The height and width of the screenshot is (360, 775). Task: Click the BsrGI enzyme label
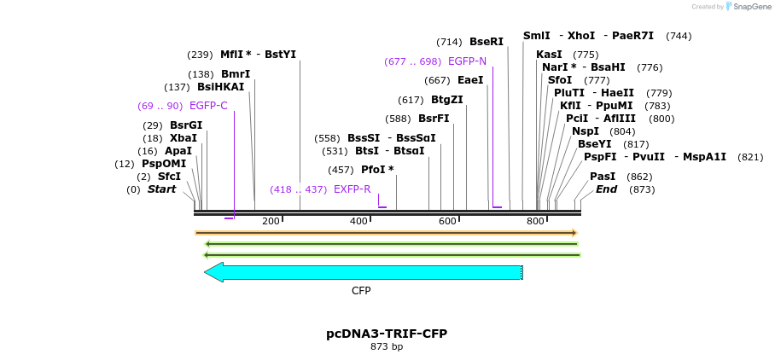pos(185,125)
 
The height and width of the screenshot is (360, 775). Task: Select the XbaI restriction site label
pos(183,137)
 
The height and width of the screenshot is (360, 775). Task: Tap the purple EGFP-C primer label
pos(208,106)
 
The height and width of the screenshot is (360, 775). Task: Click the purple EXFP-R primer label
pos(353,189)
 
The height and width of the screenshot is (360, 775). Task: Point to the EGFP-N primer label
pos(467,61)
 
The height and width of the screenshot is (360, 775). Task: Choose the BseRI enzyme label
pos(487,41)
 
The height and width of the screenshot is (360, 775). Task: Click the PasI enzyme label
pos(603,177)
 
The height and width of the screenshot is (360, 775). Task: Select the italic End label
pos(606,189)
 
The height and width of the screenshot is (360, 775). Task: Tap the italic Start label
pos(161,189)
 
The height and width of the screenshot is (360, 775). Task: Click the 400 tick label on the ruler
pos(358,222)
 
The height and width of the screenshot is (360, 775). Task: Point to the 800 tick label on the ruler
pos(535,222)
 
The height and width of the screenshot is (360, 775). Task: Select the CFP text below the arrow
pos(361,291)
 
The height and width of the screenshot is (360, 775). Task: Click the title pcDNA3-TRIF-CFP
pos(387,334)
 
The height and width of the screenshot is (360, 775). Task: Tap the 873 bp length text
pos(387,347)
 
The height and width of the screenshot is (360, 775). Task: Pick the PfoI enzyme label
pos(377,170)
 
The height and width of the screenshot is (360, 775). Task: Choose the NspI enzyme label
pos(586,131)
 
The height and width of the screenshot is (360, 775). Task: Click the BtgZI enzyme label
pos(447,100)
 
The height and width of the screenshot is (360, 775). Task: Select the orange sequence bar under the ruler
pos(386,233)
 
